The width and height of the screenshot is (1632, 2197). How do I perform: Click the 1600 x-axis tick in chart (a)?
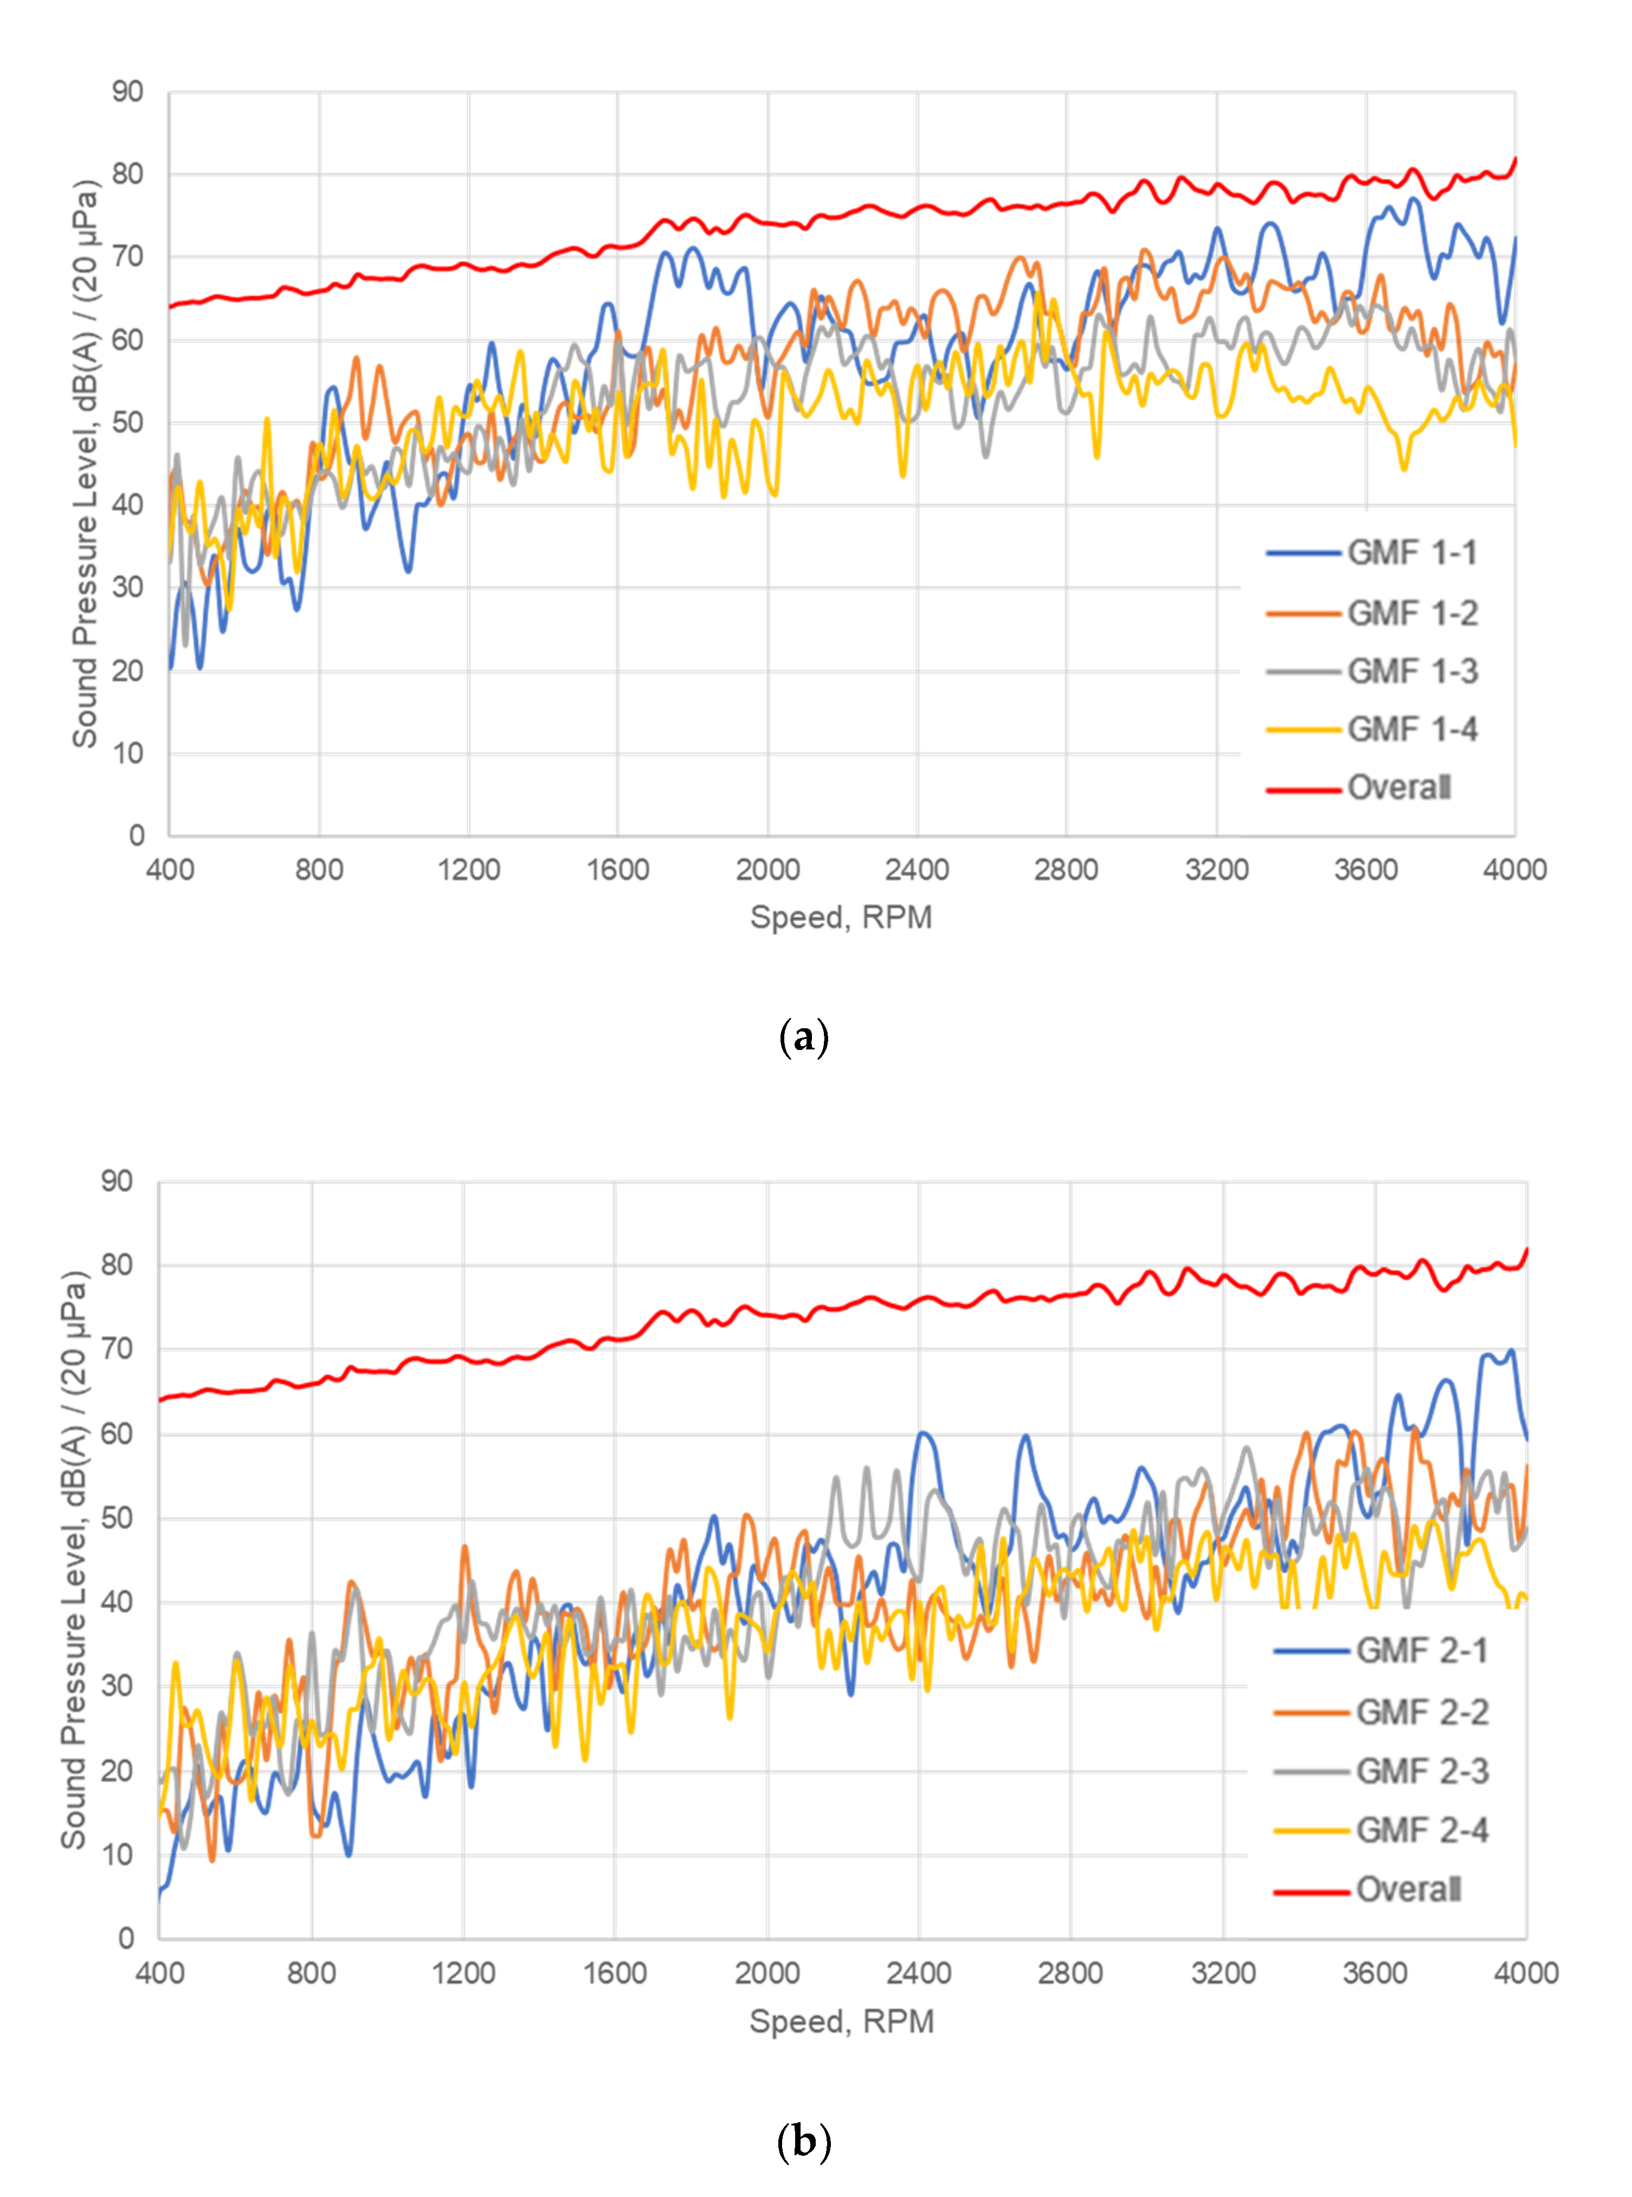(x=617, y=870)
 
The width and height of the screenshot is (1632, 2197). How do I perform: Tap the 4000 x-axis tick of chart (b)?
(x=1525, y=1974)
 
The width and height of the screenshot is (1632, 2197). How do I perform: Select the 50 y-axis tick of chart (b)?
(x=117, y=1518)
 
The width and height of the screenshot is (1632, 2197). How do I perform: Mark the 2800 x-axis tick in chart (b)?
(x=1070, y=1974)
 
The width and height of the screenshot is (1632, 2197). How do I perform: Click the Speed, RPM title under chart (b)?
(x=841, y=2021)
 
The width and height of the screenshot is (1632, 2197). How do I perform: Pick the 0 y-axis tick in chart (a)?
(x=137, y=836)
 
